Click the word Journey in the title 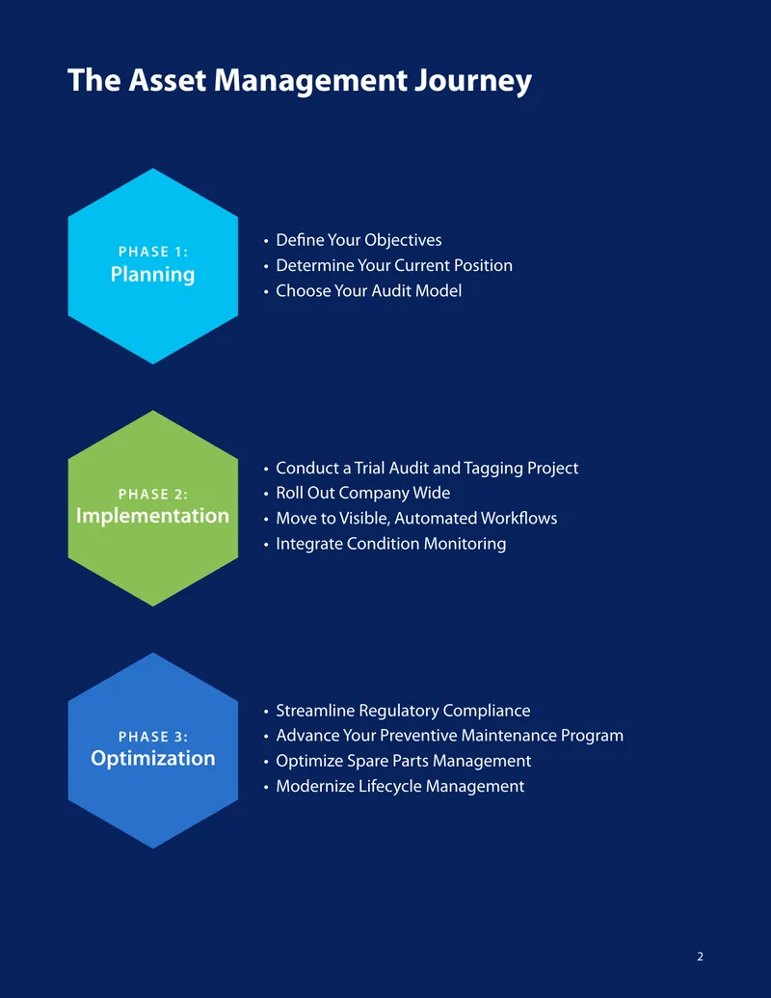coord(472,81)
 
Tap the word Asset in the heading coord(168,80)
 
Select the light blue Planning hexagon coord(152,266)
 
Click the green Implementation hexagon coord(152,508)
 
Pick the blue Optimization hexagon coord(152,750)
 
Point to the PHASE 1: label coord(153,252)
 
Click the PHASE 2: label coord(153,494)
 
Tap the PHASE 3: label coord(153,737)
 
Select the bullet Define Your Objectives coord(359,240)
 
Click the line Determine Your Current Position coord(394,265)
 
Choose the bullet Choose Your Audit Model coord(369,291)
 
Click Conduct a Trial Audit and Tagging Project coord(427,469)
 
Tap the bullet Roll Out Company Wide coord(362,494)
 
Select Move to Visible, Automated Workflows coord(416,518)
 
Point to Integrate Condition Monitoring coord(391,544)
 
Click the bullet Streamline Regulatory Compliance coord(403,711)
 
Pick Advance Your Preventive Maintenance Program coord(450,736)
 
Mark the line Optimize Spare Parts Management coord(403,761)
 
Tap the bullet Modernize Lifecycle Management coord(400,787)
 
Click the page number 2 coord(701,957)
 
